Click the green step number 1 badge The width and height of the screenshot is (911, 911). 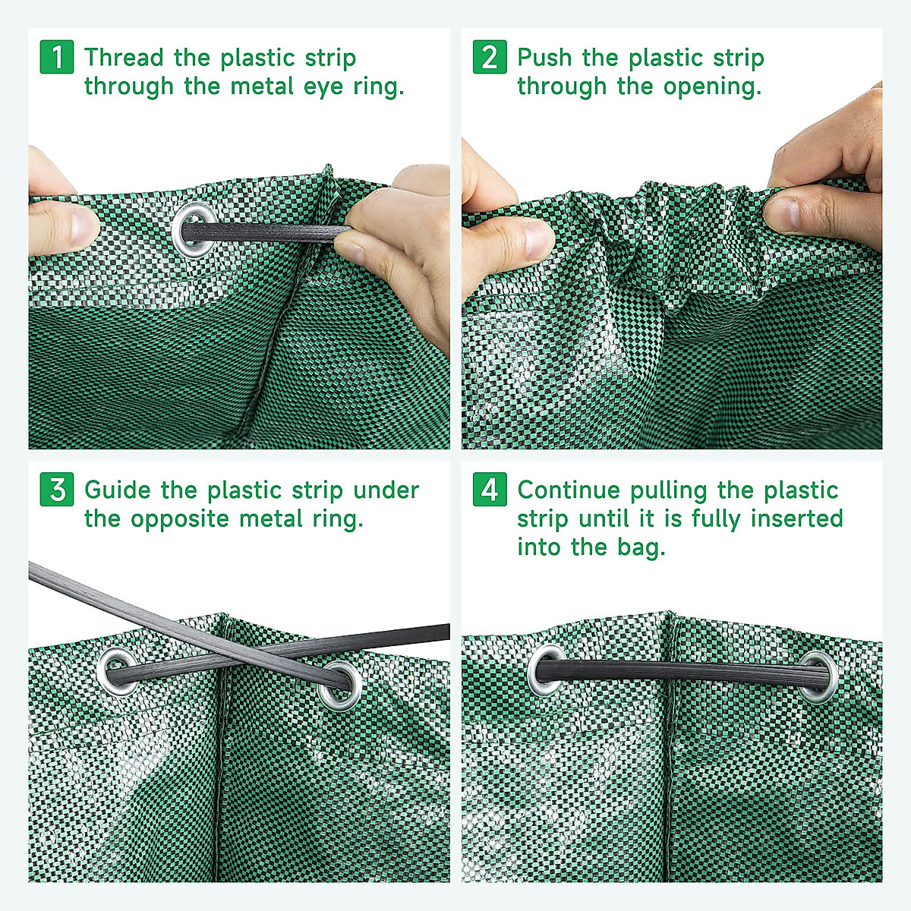[x=57, y=58]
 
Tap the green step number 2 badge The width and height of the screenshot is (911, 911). [x=490, y=58]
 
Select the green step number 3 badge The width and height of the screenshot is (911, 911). [x=57, y=490]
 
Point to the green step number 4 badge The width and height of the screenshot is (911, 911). [x=490, y=490]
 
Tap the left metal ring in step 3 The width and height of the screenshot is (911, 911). [x=118, y=671]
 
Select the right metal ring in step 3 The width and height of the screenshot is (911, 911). [x=339, y=684]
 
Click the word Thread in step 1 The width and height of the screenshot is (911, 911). [x=124, y=58]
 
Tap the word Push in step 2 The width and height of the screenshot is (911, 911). [x=545, y=58]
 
